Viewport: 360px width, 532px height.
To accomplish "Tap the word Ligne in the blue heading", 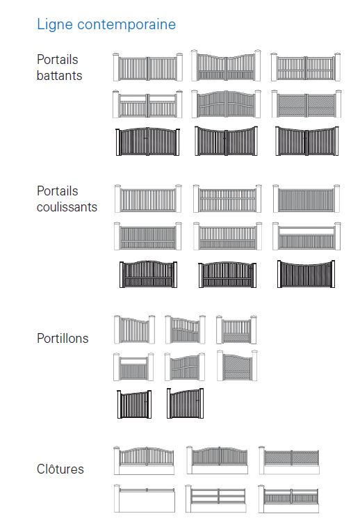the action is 55,24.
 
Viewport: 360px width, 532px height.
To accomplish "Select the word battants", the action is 59,75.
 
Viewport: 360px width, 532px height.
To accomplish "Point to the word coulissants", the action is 67,207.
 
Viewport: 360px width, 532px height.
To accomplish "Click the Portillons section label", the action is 63,338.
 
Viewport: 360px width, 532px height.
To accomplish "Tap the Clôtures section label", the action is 60,469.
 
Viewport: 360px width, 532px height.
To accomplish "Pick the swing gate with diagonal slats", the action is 306,104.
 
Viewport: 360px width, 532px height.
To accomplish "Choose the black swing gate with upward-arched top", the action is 148,141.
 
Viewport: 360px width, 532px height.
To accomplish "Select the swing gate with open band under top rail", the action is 147,104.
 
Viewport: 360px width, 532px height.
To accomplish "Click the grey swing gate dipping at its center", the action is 226,66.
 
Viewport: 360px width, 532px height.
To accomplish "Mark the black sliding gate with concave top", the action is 306,274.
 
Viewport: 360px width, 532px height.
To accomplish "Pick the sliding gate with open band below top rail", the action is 306,236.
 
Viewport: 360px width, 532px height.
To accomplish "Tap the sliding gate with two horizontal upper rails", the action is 227,199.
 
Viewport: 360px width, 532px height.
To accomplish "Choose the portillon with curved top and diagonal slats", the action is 237,366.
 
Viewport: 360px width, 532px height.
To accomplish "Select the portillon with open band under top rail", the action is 133,367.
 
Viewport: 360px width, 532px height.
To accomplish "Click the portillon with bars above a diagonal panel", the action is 236,330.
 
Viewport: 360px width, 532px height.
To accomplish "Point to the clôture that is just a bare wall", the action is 145,499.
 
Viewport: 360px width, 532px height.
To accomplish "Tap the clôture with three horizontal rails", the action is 216,499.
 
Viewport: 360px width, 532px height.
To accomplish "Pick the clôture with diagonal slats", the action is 289,460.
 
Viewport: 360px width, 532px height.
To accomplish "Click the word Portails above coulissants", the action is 57,191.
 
